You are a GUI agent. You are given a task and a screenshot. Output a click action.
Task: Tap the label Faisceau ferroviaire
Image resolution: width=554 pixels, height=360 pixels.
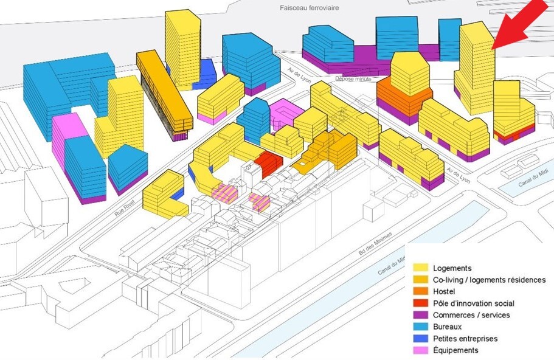[x=309, y=7]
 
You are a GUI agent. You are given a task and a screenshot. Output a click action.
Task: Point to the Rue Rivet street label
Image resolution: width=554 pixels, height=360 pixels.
[x=123, y=209]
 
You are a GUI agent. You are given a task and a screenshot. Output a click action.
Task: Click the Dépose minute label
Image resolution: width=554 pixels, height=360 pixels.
[x=353, y=79]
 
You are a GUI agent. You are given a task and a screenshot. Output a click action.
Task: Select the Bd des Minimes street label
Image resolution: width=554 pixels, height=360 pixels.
[x=375, y=243]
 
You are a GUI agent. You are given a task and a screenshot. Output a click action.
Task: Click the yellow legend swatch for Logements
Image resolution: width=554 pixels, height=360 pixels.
[x=421, y=268]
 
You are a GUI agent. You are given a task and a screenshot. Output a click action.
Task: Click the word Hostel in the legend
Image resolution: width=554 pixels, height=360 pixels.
[x=444, y=291]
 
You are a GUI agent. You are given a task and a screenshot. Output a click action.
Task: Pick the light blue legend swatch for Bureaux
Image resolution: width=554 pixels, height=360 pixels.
[x=421, y=327]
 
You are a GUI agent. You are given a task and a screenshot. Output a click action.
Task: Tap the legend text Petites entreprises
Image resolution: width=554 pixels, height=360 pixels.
[x=465, y=339]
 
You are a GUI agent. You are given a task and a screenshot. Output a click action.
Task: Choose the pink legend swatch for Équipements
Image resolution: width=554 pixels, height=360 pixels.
[x=421, y=350]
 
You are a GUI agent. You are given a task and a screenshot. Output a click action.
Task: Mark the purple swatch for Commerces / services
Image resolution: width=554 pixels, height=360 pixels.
[x=421, y=315]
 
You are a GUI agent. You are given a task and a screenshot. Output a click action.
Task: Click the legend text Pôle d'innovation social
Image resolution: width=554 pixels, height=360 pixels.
[x=474, y=303]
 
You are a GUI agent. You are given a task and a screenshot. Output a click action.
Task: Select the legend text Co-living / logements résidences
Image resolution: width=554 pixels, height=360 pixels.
[x=490, y=280]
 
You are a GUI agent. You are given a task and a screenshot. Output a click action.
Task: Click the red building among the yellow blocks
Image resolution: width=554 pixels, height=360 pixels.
[x=269, y=164]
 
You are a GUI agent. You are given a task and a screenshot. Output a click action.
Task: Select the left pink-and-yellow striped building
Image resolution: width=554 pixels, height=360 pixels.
[x=225, y=193]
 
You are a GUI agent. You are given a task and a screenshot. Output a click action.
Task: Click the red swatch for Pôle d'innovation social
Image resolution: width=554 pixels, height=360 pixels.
[x=421, y=303]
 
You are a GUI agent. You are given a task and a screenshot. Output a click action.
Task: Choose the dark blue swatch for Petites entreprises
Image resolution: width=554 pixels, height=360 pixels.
[x=421, y=339]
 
